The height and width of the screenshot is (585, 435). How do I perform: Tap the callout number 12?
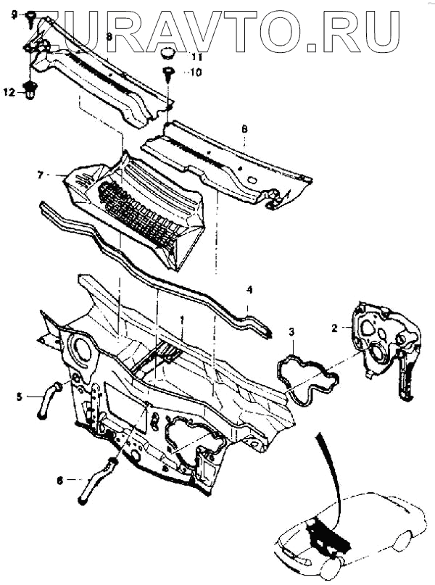pyautogui.click(x=9, y=92)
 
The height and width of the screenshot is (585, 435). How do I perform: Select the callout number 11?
pyautogui.click(x=197, y=57)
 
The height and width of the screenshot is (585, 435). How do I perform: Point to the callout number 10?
pyautogui.click(x=197, y=72)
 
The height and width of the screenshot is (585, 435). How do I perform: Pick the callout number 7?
pyautogui.click(x=41, y=174)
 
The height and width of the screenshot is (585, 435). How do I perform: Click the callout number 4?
pyautogui.click(x=249, y=289)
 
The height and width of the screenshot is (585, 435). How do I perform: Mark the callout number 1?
pyautogui.click(x=182, y=320)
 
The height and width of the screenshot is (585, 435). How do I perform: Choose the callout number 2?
pyautogui.click(x=335, y=328)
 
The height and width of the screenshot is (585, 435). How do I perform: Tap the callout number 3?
pyautogui.click(x=291, y=331)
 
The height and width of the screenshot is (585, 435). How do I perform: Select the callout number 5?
pyautogui.click(x=20, y=396)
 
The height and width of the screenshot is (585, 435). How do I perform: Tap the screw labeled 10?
pyautogui.click(x=168, y=72)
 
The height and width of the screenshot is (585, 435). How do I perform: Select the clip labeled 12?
pyautogui.click(x=30, y=91)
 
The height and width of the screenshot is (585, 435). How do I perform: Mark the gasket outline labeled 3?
pyautogui.click(x=307, y=378)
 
